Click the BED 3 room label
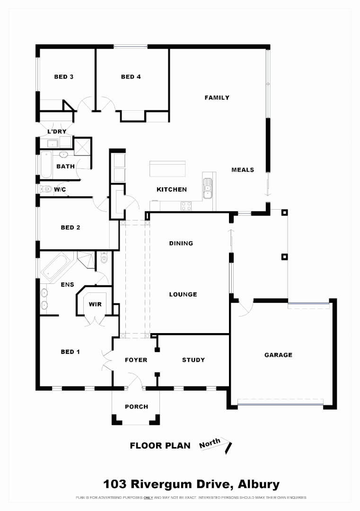pyautogui.click(x=63, y=77)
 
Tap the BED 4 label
pyautogui.click(x=131, y=77)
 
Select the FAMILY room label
pyautogui.click(x=217, y=97)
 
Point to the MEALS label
pyautogui.click(x=243, y=170)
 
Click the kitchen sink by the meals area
pyautogui.click(x=207, y=189)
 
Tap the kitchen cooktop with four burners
pyautogui.click(x=186, y=206)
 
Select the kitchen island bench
pyautogui.click(x=167, y=168)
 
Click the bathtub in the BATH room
pyautogui.click(x=46, y=165)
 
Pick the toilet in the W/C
pyautogui.click(x=46, y=189)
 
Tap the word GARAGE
pyautogui.click(x=278, y=355)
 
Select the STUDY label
pyautogui.click(x=193, y=360)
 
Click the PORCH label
pyautogui.click(x=136, y=406)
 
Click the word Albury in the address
pyautogui.click(x=259, y=485)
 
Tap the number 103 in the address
pyautogui.click(x=115, y=485)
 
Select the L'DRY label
pyautogui.click(x=56, y=131)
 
